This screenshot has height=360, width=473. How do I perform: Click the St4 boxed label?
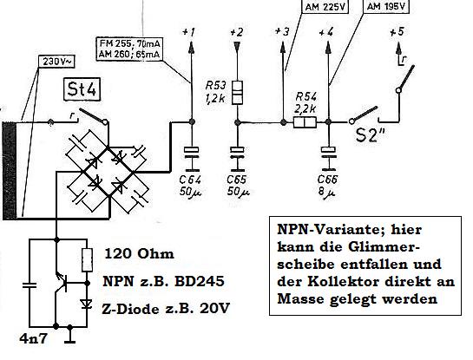pos(82,89)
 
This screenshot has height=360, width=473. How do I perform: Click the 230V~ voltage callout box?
pos(56,62)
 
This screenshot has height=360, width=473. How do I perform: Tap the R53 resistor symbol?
pos(237,93)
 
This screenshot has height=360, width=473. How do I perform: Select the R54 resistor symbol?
pos(305,122)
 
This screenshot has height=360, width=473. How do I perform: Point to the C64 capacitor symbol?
pos(191,153)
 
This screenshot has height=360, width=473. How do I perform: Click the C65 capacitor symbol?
pos(238,153)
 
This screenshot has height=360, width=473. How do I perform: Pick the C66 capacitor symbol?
pos(328,153)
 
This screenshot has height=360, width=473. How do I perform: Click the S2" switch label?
pos(371,134)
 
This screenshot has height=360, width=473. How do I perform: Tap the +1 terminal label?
pos(189,31)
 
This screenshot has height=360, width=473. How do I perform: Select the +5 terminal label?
pos(397,32)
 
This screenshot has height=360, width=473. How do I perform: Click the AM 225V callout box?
pos(325,6)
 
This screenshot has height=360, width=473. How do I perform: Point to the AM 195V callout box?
pos(386,6)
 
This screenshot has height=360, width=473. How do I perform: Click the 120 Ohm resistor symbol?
pos(87,260)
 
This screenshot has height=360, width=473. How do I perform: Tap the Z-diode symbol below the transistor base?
pos(87,304)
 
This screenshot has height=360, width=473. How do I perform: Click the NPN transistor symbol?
pos(62,283)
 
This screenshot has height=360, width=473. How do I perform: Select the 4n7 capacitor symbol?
pos(30,285)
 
